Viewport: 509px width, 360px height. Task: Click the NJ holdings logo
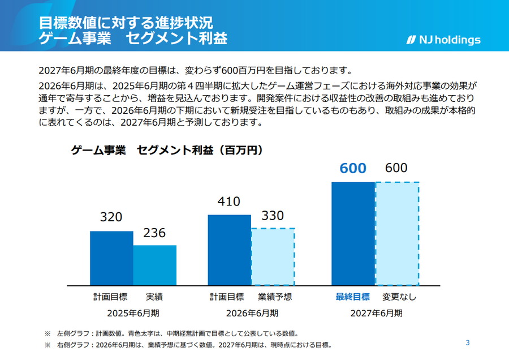pos(443,40)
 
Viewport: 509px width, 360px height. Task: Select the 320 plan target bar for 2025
pos(111,258)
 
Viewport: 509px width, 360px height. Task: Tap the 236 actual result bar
pos(155,265)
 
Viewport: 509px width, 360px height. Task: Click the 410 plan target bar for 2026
pos(229,250)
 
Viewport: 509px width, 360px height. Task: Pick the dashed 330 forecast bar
pos(273,256)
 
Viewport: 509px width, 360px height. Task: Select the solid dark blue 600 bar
pos(353,233)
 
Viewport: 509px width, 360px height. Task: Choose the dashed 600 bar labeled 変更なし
pos(398,233)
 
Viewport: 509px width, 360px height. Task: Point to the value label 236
pos(154,233)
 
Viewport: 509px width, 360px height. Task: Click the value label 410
pos(228,202)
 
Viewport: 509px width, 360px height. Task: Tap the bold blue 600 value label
pos(353,168)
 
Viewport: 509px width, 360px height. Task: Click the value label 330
pos(273,216)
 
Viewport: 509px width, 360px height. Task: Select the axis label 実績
pos(154,297)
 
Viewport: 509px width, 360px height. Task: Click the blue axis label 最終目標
pos(352,297)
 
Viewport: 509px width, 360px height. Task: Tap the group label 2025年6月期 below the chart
pos(133,312)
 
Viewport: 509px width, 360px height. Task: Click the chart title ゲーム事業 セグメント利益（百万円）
pos(167,150)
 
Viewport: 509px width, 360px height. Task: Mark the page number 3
pos(468,342)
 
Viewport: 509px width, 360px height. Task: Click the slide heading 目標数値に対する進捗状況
pos(126,23)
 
